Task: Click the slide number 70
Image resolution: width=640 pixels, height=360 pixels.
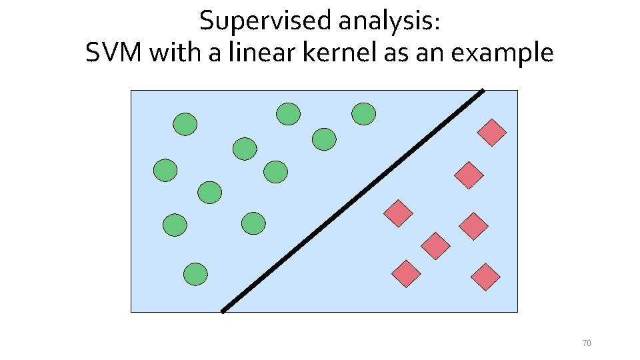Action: (587, 343)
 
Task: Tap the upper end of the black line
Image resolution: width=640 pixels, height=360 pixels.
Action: (481, 91)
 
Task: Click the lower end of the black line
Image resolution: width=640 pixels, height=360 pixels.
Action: (223, 310)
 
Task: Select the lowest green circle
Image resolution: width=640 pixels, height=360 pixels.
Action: (196, 274)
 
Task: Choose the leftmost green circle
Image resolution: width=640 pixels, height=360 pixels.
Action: (165, 171)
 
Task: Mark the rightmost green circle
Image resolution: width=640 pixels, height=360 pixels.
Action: (364, 114)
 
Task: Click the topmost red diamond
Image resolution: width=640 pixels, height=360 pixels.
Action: (492, 133)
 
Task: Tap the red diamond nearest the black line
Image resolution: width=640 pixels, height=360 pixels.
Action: (399, 213)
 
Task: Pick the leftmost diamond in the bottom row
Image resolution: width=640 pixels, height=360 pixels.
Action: (406, 274)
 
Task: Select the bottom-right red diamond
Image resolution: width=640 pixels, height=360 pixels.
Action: (485, 277)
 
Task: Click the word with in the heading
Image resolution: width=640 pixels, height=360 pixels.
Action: (176, 53)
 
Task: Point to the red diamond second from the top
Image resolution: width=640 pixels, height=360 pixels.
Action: (469, 175)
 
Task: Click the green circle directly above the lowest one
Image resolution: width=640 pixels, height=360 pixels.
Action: (175, 225)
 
